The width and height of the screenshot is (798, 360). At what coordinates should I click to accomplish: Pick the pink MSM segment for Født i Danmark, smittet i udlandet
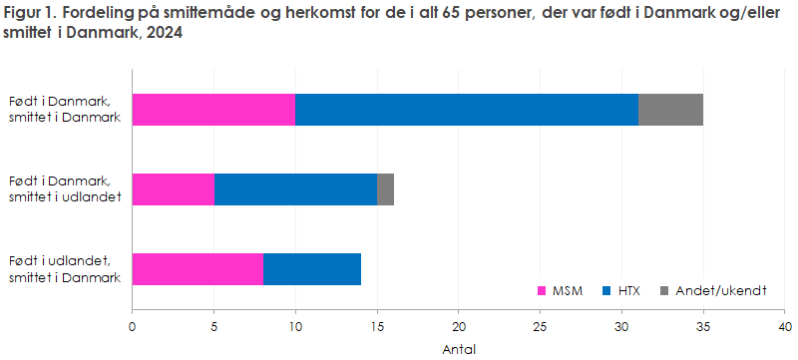pyautogui.click(x=173, y=188)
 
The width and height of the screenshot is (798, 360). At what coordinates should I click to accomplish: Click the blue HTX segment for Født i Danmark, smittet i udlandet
pyautogui.click(x=295, y=188)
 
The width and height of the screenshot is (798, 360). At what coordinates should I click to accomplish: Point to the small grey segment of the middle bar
pyautogui.click(x=385, y=188)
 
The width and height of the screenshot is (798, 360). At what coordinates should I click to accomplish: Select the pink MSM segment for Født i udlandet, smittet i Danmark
pyautogui.click(x=198, y=269)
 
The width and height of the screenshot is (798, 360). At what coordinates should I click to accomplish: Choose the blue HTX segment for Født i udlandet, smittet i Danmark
pyautogui.click(x=312, y=269)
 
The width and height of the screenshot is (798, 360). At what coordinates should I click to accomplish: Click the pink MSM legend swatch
pyautogui.click(x=543, y=291)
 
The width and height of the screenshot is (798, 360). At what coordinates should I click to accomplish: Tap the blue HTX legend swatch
pyautogui.click(x=608, y=291)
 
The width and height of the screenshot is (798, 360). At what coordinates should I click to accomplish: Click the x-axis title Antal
pyautogui.click(x=459, y=349)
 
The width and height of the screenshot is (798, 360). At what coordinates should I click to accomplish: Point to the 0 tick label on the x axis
pyautogui.click(x=133, y=326)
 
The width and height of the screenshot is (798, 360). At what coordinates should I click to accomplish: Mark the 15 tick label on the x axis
pyautogui.click(x=377, y=326)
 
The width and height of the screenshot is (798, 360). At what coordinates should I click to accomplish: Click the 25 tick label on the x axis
pyautogui.click(x=540, y=326)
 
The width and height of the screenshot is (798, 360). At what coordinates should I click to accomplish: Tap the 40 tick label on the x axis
pyautogui.click(x=784, y=326)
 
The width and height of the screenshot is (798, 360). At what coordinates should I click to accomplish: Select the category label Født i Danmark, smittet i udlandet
pyautogui.click(x=65, y=188)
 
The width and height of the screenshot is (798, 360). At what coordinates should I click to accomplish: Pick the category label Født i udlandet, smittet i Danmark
pyautogui.click(x=65, y=269)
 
